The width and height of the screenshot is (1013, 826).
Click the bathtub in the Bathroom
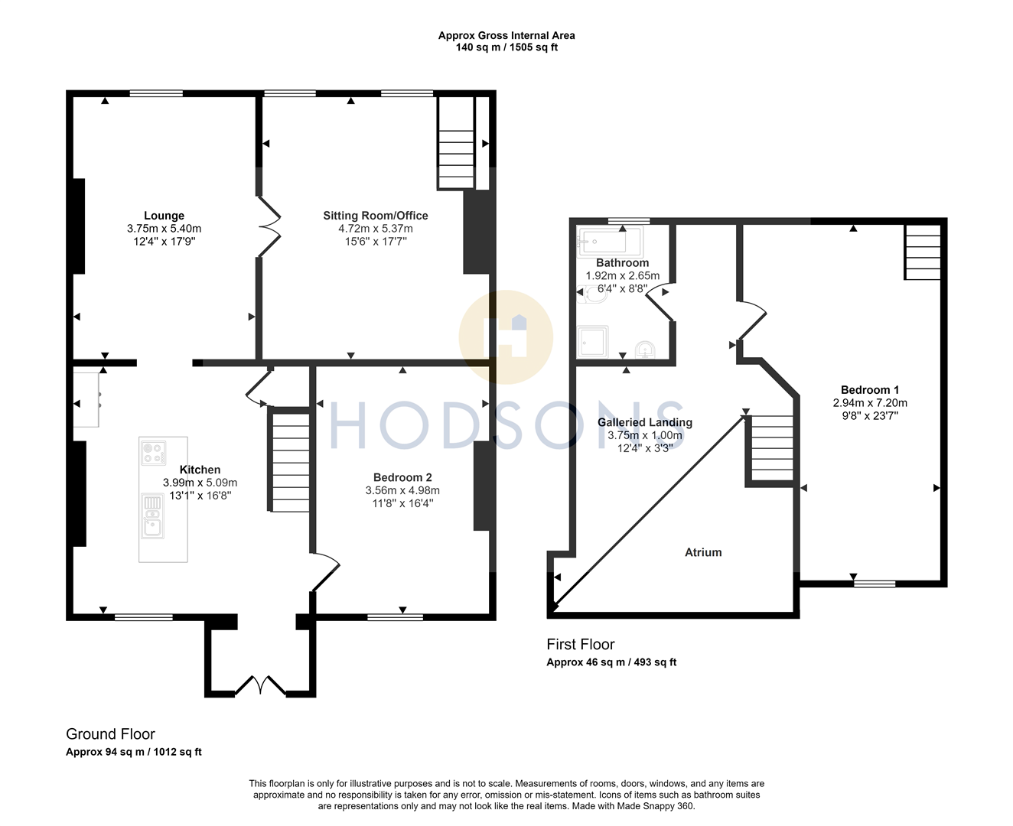pos(610,242)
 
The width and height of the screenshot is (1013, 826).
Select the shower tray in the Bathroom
pos(593,342)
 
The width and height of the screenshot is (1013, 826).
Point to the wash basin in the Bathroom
pos(646,350)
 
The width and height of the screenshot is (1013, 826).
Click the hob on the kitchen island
pos(153,454)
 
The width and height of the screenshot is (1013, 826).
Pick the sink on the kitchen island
pos(152,515)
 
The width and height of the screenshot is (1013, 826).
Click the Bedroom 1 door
pos(752,321)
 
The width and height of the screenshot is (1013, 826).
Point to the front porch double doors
pos(260,685)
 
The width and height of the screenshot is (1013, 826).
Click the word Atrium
pos(703,552)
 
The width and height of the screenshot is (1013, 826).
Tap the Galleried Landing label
pos(644,422)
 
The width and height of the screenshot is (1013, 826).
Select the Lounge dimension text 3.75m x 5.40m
pos(164,229)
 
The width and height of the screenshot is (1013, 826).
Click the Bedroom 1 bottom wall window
pos(875,584)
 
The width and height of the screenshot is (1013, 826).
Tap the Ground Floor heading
pos(110,734)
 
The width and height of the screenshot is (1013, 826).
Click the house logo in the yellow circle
pos(506,337)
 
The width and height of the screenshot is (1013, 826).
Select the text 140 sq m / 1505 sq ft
pos(506,47)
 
